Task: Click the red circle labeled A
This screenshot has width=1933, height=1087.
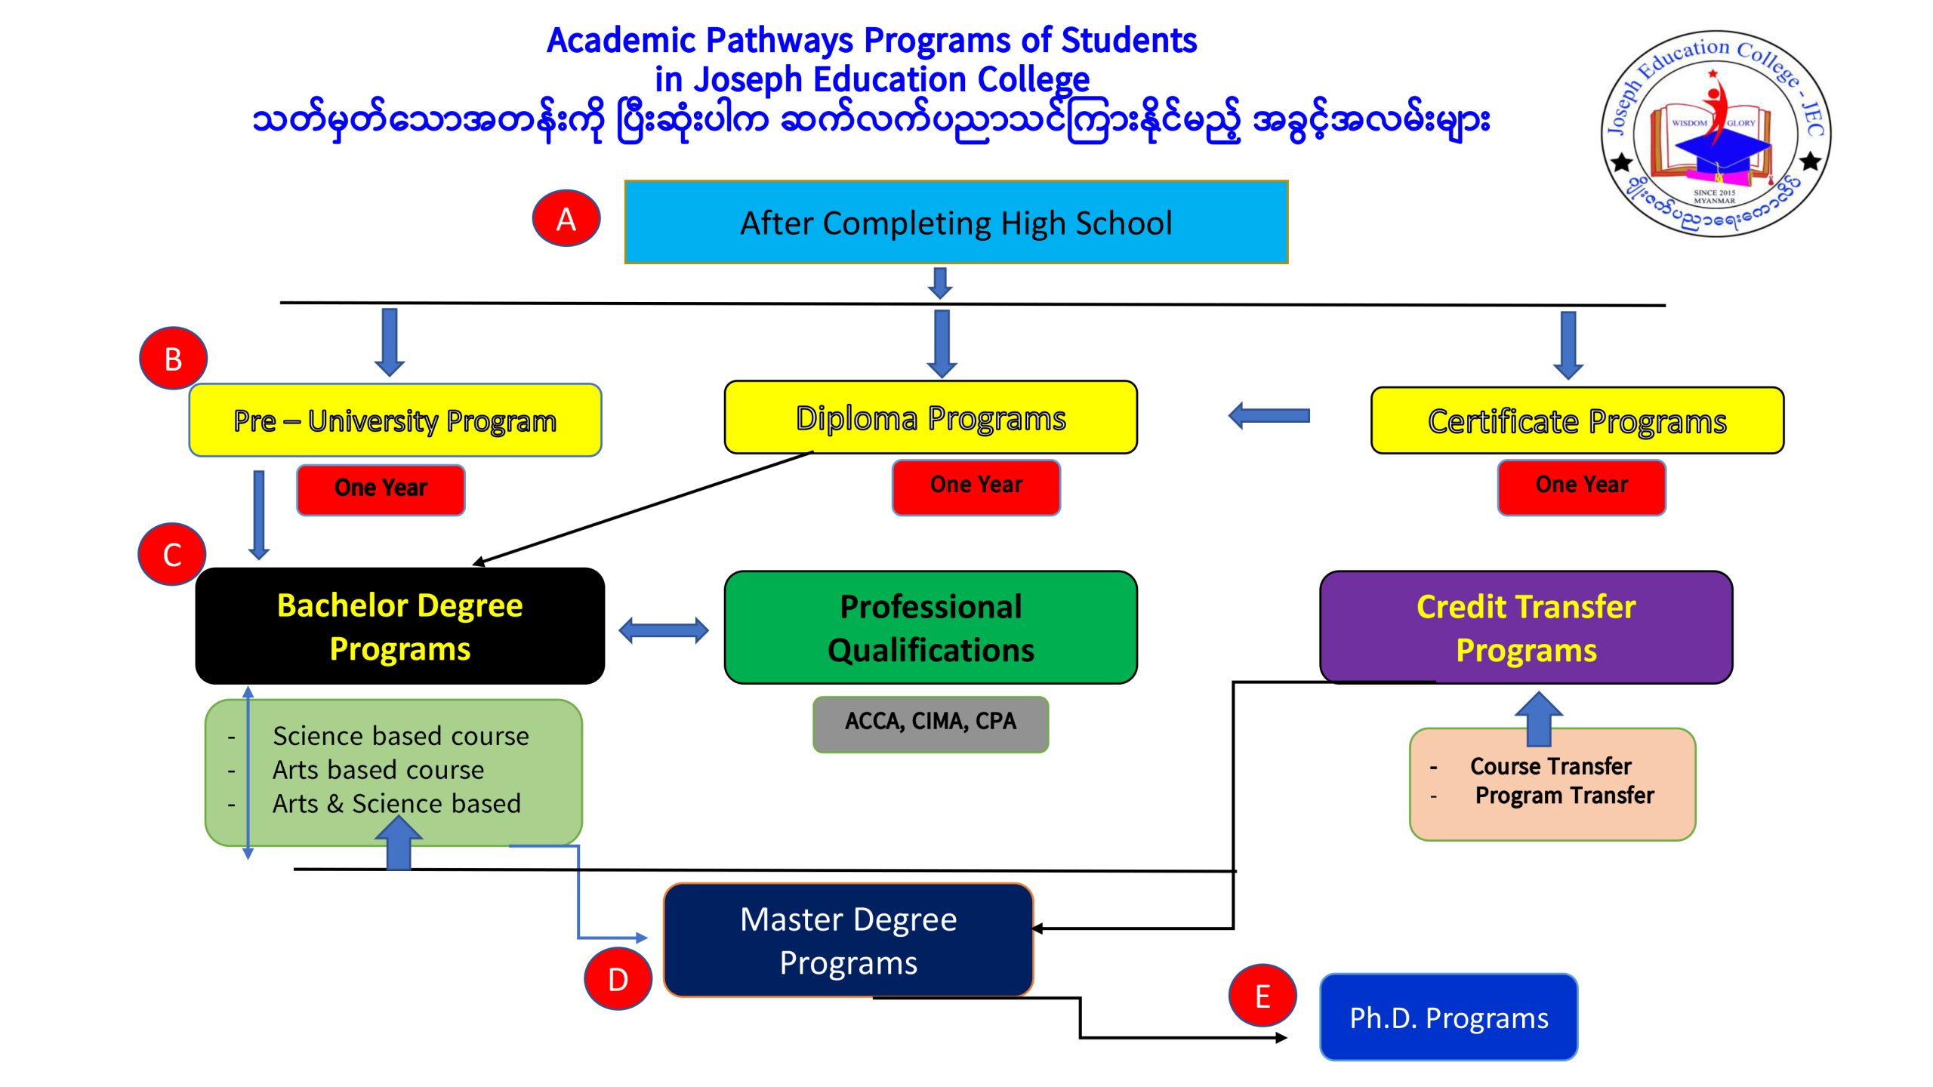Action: coord(566,218)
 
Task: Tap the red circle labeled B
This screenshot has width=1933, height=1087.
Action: coord(173,359)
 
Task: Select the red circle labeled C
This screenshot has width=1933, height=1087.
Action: coord(172,555)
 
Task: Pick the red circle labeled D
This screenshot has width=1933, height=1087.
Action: coord(618,979)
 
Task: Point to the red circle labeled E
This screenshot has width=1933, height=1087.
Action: coord(1262,996)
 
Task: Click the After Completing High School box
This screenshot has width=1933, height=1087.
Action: coord(956,222)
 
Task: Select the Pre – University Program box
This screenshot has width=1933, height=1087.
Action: coord(395,420)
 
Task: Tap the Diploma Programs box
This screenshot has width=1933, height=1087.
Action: coord(930,417)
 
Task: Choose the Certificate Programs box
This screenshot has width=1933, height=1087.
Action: coord(1577,420)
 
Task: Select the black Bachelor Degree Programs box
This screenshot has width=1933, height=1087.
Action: coord(399,627)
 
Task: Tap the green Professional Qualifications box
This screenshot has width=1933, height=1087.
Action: coord(930,627)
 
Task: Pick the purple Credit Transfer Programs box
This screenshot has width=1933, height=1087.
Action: coord(1525,627)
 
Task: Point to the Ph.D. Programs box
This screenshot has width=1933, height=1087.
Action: coord(1448,1017)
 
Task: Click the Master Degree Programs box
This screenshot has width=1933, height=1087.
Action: coord(848,940)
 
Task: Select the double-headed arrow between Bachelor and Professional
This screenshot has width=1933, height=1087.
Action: coord(664,630)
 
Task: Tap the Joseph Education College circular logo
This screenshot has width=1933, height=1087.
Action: coord(1715,134)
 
